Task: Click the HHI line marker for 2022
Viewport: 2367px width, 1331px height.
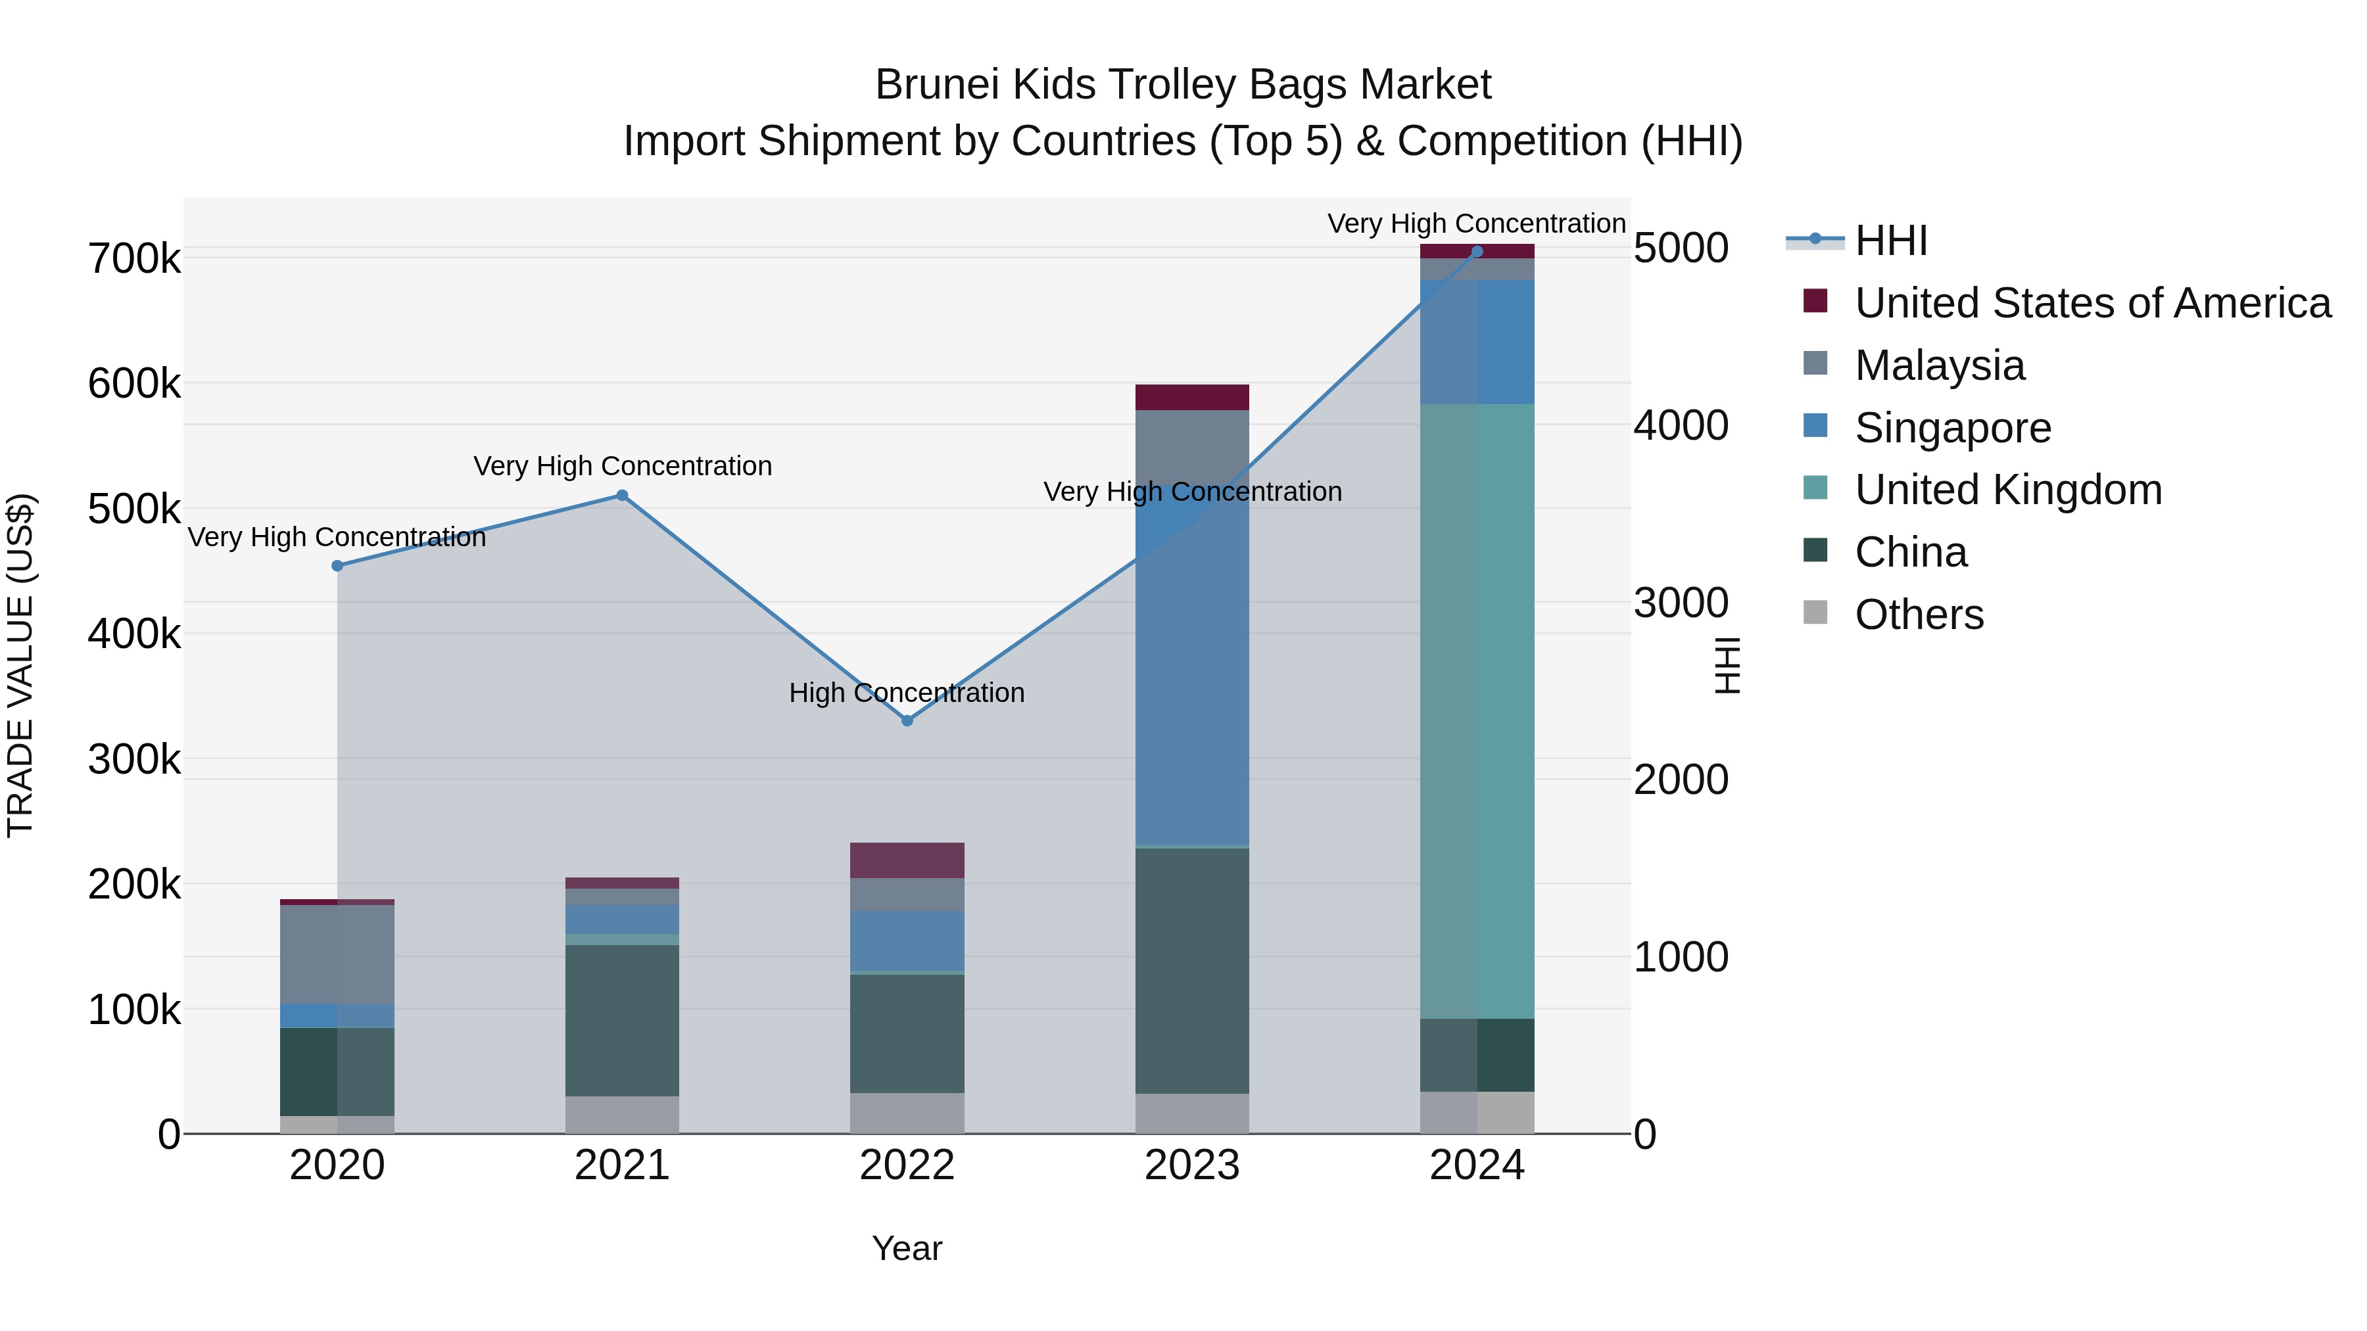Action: tap(907, 721)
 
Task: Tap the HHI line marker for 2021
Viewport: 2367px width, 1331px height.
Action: tap(622, 495)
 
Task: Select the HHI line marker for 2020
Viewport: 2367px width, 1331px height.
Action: tap(337, 566)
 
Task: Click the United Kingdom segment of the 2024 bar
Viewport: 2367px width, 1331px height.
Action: tap(1477, 712)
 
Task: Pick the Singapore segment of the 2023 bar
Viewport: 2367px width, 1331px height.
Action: tap(1192, 666)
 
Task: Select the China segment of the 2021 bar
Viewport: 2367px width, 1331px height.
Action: tap(622, 1019)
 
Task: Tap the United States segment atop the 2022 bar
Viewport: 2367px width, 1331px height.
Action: tap(907, 860)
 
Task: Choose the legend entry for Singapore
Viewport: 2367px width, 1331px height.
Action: tap(1953, 428)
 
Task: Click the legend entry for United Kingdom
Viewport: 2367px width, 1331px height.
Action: tap(2008, 490)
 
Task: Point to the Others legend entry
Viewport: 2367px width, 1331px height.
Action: tap(1919, 615)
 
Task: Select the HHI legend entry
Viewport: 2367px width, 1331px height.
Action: tap(1890, 241)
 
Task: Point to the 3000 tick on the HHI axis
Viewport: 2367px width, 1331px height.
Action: tap(1681, 603)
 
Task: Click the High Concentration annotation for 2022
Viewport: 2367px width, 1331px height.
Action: tap(907, 693)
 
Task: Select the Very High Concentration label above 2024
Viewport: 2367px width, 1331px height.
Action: tap(1477, 223)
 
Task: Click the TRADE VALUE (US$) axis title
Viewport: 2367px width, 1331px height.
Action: tap(21, 665)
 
